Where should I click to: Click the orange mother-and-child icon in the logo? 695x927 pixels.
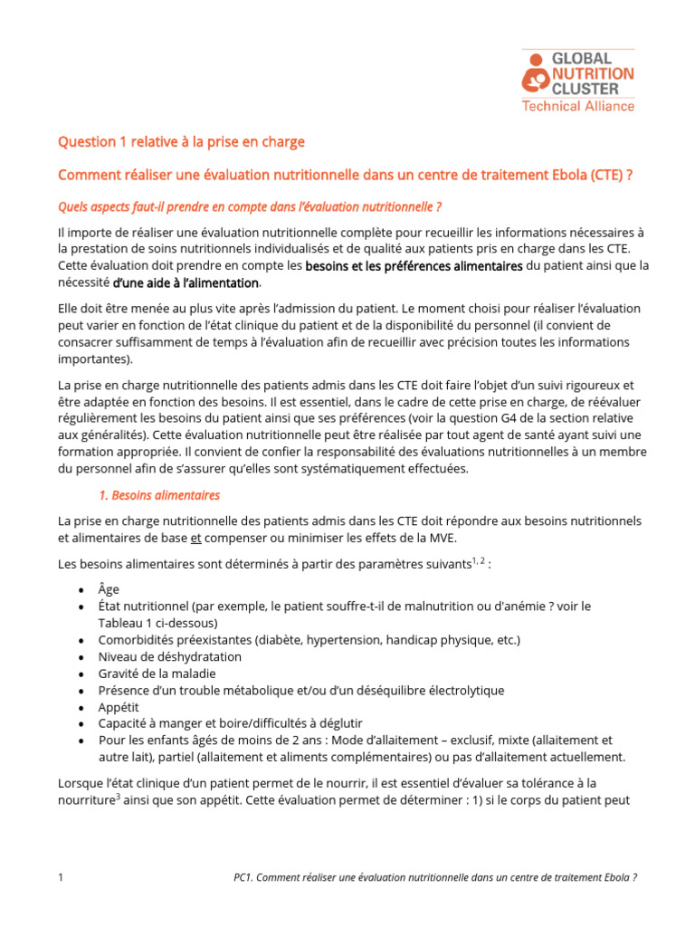[535, 74]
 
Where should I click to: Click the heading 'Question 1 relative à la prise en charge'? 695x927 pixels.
[181, 142]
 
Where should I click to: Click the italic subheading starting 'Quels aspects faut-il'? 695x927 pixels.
[250, 207]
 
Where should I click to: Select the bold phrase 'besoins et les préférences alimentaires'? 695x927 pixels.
[414, 266]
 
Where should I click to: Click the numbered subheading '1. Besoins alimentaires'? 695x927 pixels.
[159, 495]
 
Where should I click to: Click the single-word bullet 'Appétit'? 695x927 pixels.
[119, 706]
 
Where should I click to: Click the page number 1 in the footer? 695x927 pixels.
[61, 877]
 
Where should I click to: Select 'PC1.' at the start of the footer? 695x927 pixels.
[243, 877]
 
